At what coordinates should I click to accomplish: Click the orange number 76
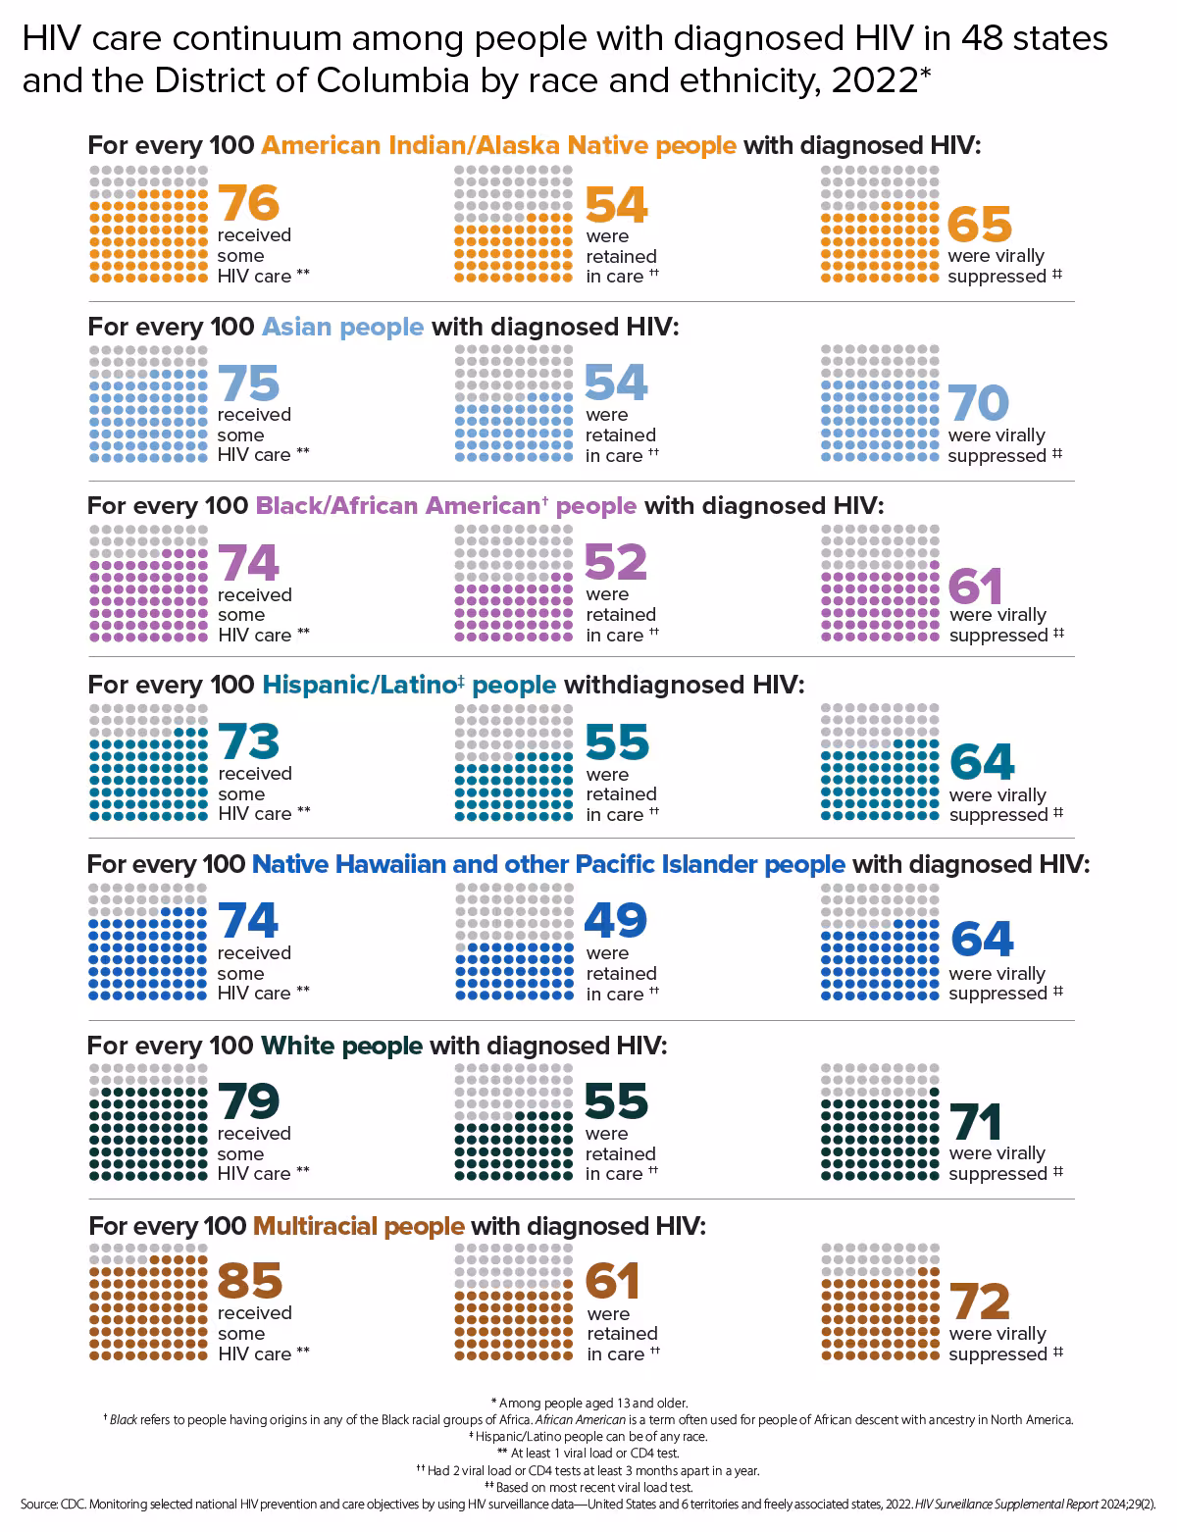coord(249,203)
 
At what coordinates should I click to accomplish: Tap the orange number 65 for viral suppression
coord(980,224)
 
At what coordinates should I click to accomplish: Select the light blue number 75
coord(249,383)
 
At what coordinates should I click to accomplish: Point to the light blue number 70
coord(979,403)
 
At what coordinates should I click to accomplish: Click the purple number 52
coord(616,563)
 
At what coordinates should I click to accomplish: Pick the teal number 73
coord(249,742)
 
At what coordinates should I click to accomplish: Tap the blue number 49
coord(616,921)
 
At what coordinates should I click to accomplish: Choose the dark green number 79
coord(249,1102)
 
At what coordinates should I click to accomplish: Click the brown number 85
coord(250,1281)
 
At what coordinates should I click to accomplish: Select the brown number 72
coord(980,1302)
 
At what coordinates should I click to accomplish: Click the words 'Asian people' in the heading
coord(343,327)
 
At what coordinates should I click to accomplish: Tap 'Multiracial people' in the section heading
coord(359,1226)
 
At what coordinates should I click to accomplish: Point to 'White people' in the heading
coord(342,1046)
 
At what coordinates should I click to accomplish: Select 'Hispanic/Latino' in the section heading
coord(358,685)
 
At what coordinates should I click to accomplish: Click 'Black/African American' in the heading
coord(396,506)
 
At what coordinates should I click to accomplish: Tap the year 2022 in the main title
coord(874,80)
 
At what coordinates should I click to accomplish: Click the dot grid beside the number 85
coord(148,1302)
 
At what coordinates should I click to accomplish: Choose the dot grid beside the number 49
coord(514,942)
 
